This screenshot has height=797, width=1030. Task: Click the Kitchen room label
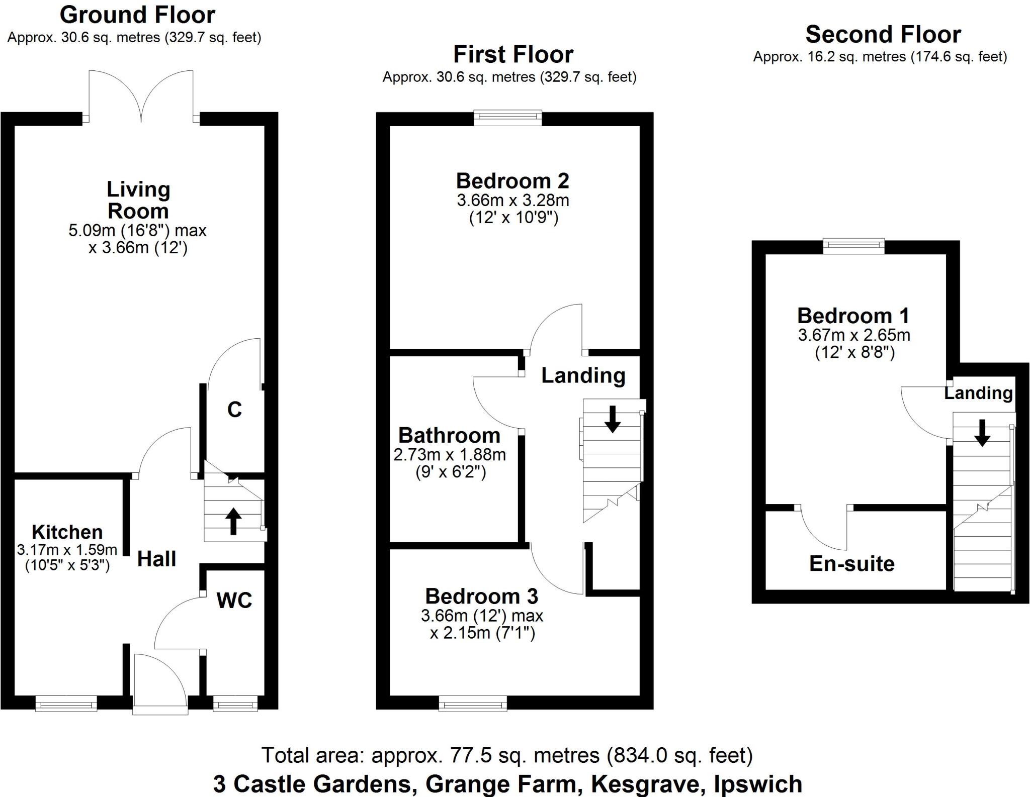(67, 532)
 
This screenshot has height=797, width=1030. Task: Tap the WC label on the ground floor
(234, 600)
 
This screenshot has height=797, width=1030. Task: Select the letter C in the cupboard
(234, 410)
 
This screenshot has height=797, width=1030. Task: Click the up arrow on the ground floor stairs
(233, 521)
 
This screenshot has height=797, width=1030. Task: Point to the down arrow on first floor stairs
(612, 419)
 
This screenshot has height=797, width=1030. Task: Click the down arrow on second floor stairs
(982, 433)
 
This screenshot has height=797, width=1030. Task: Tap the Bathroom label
(449, 435)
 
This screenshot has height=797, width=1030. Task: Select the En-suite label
(851, 564)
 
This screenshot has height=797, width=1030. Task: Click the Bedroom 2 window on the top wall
(507, 118)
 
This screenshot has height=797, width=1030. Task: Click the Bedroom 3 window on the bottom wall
(473, 703)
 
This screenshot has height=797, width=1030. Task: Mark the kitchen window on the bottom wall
(66, 703)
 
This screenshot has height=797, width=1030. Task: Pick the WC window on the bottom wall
(235, 703)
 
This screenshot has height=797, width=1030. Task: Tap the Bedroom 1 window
(853, 246)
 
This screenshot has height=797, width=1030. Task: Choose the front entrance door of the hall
(160, 683)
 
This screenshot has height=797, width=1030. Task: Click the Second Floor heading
(883, 35)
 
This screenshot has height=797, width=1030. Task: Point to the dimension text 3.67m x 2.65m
(854, 335)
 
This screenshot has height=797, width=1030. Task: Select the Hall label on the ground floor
(156, 559)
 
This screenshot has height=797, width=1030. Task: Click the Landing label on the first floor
(583, 375)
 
